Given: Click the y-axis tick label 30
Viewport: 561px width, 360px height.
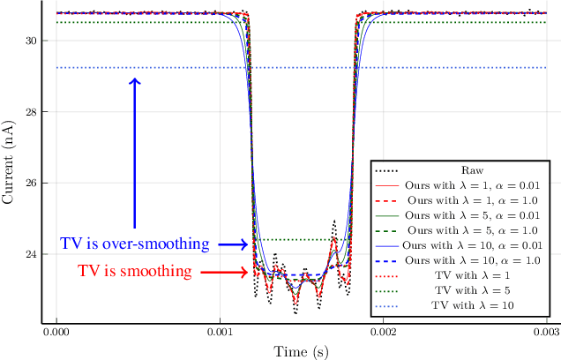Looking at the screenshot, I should pyautogui.click(x=29, y=41).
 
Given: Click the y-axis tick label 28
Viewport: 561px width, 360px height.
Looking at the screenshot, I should pyautogui.click(x=29, y=112).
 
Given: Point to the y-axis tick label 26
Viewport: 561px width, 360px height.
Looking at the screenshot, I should pyautogui.click(x=29, y=184).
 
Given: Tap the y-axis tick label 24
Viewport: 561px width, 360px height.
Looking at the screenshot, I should pyautogui.click(x=29, y=254).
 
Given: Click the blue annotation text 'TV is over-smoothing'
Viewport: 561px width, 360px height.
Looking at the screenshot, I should pyautogui.click(x=134, y=244).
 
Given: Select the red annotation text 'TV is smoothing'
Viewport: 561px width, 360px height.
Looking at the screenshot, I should pyautogui.click(x=134, y=271).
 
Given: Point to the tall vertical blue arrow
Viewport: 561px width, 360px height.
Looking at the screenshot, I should pyautogui.click(x=134, y=154).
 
